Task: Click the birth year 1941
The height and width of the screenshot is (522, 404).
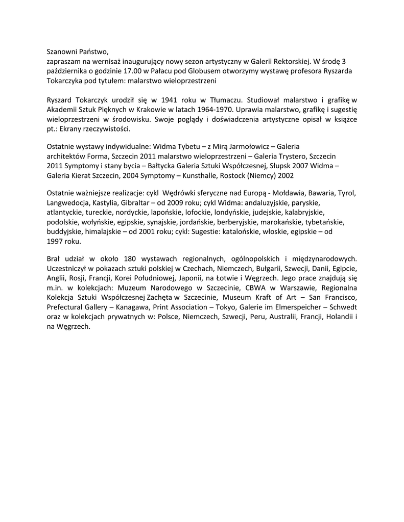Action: click(x=177, y=99)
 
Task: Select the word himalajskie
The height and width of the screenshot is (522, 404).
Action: click(x=103, y=231)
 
